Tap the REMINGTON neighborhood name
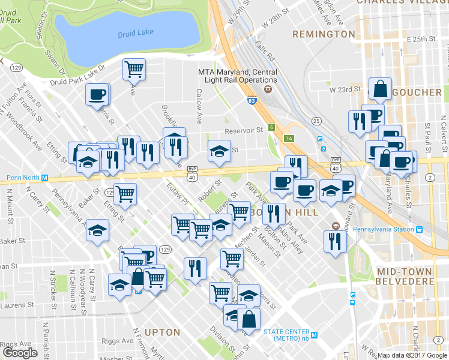[x=324, y=34]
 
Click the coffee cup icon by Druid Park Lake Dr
[x=97, y=94]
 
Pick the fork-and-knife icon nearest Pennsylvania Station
[x=334, y=241]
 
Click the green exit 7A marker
[x=289, y=139]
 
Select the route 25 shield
[x=316, y=121]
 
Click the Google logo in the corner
[x=20, y=353]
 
